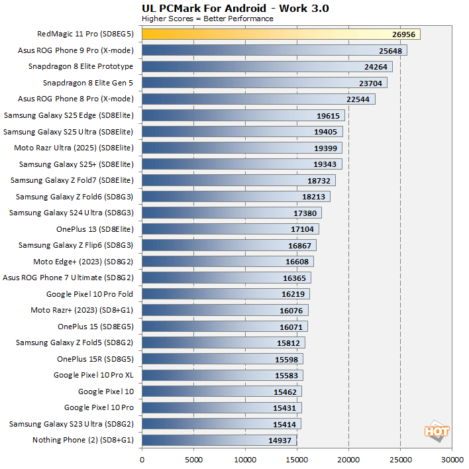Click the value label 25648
[390, 50]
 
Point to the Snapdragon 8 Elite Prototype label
[81, 66]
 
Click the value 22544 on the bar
[358, 99]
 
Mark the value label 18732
[319, 180]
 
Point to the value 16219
[293, 294]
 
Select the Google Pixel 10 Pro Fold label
[89, 293]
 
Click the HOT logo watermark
[437, 431]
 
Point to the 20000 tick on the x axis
[348, 458]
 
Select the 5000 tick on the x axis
[193, 458]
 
